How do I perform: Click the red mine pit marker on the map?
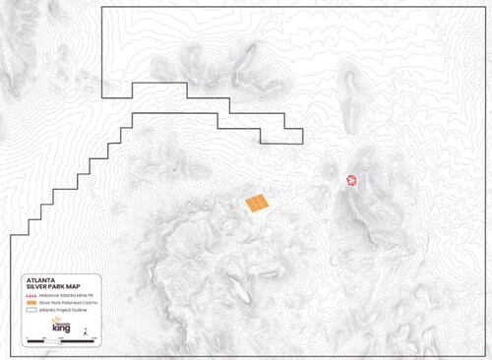pyautogui.click(x=351, y=181)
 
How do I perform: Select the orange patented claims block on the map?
pyautogui.click(x=257, y=205)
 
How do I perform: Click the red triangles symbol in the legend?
pyautogui.click(x=31, y=295)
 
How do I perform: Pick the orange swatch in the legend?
pyautogui.click(x=31, y=302)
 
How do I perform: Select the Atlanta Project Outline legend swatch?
pyautogui.click(x=31, y=309)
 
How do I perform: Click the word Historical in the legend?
pyautogui.click(x=46, y=295)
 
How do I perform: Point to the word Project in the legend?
pyautogui.click(x=57, y=309)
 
